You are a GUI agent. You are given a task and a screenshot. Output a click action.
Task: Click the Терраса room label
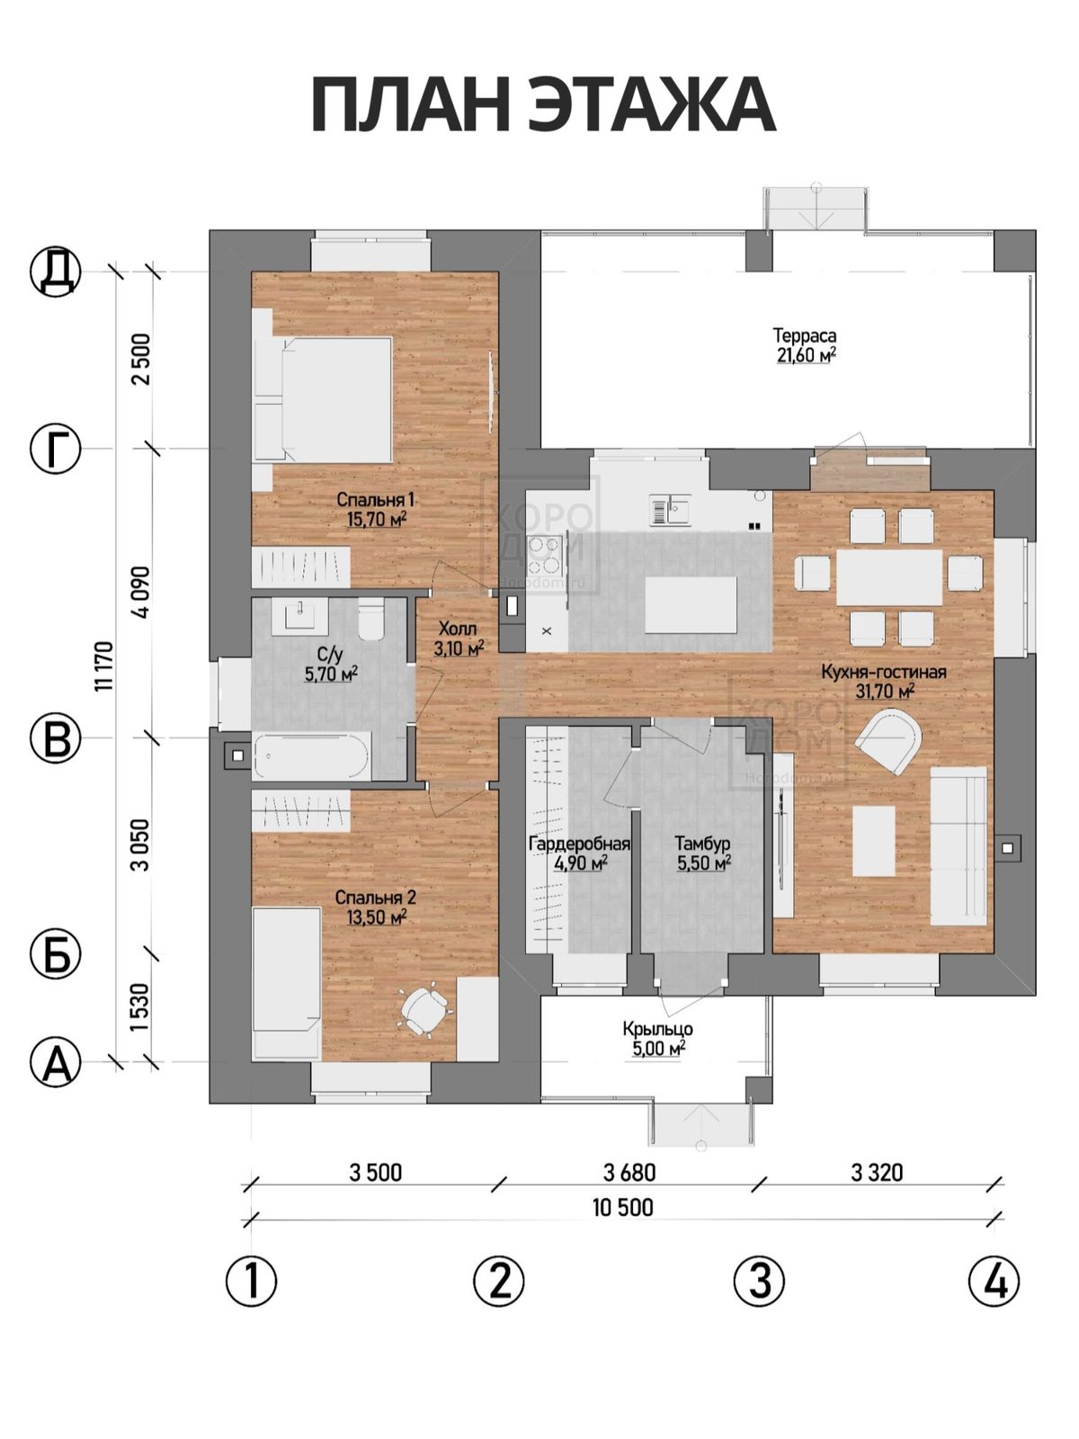[x=805, y=335]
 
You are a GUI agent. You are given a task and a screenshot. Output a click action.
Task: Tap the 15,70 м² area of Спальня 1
[x=377, y=520]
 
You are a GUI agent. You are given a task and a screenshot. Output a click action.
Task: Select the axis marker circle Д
[x=56, y=271]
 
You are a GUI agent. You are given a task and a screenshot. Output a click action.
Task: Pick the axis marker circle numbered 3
[x=759, y=1281]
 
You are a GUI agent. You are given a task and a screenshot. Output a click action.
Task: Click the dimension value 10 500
[x=623, y=1207]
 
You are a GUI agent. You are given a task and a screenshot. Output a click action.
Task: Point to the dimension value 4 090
[x=141, y=592]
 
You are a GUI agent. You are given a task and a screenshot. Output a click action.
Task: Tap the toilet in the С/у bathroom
[x=371, y=618]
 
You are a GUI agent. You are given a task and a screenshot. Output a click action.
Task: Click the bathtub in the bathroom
[x=313, y=755]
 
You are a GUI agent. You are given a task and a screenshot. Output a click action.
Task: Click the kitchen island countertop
[x=691, y=604]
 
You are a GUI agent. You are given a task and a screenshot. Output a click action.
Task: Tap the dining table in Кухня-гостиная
[x=889, y=576]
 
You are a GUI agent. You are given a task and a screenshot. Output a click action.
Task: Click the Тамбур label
[x=702, y=844]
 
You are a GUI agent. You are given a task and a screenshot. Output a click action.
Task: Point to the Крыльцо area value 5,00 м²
[x=658, y=1049]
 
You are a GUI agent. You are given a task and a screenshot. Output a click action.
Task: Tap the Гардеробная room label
[x=580, y=844]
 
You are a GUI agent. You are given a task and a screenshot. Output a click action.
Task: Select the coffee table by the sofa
[x=874, y=841]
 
